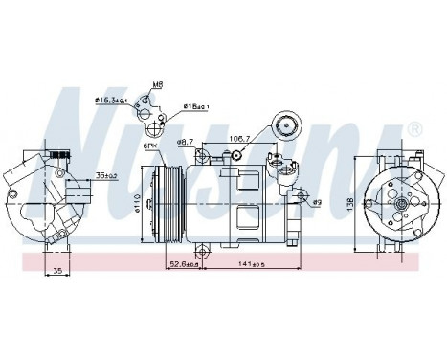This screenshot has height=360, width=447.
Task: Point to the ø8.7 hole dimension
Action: point(185,142)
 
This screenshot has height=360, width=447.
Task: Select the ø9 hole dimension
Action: point(317,202)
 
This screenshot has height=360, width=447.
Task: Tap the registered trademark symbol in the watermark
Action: point(413,128)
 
